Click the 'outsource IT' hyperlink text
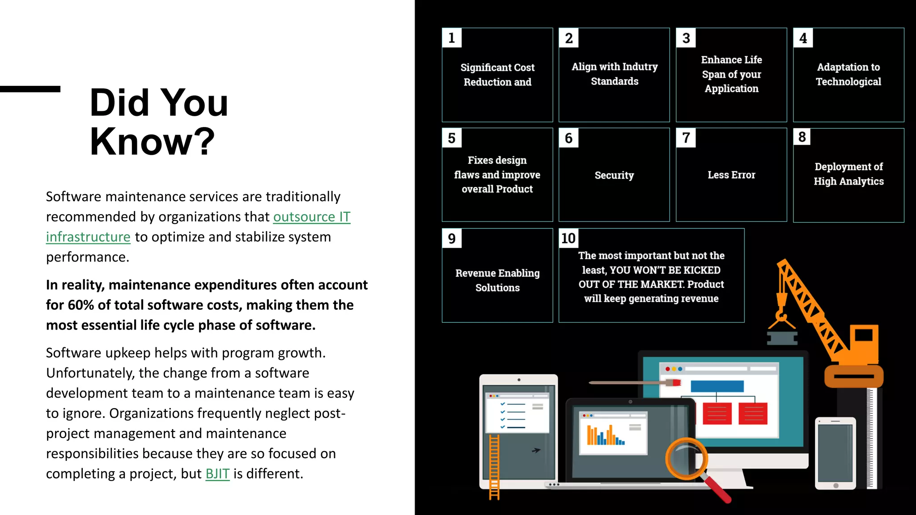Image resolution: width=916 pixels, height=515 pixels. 312,217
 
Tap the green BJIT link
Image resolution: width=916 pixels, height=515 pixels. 217,473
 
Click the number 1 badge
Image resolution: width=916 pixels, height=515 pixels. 452,38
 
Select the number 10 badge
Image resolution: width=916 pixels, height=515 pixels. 568,238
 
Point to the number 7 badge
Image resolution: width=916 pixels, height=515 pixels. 686,138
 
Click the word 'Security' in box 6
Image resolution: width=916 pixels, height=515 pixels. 614,175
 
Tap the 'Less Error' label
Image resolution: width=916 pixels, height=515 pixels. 731,175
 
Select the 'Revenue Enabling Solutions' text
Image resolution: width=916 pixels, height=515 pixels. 497,280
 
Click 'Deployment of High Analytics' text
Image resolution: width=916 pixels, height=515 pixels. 848,174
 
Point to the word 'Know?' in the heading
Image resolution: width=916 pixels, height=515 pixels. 152,142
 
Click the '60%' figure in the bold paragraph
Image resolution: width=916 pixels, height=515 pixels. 81,305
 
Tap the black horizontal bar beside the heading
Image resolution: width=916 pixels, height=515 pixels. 30,89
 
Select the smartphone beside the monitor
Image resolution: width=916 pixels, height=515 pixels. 835,452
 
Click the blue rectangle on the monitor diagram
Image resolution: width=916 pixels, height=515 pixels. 717,386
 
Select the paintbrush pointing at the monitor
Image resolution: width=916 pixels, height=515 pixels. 635,383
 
